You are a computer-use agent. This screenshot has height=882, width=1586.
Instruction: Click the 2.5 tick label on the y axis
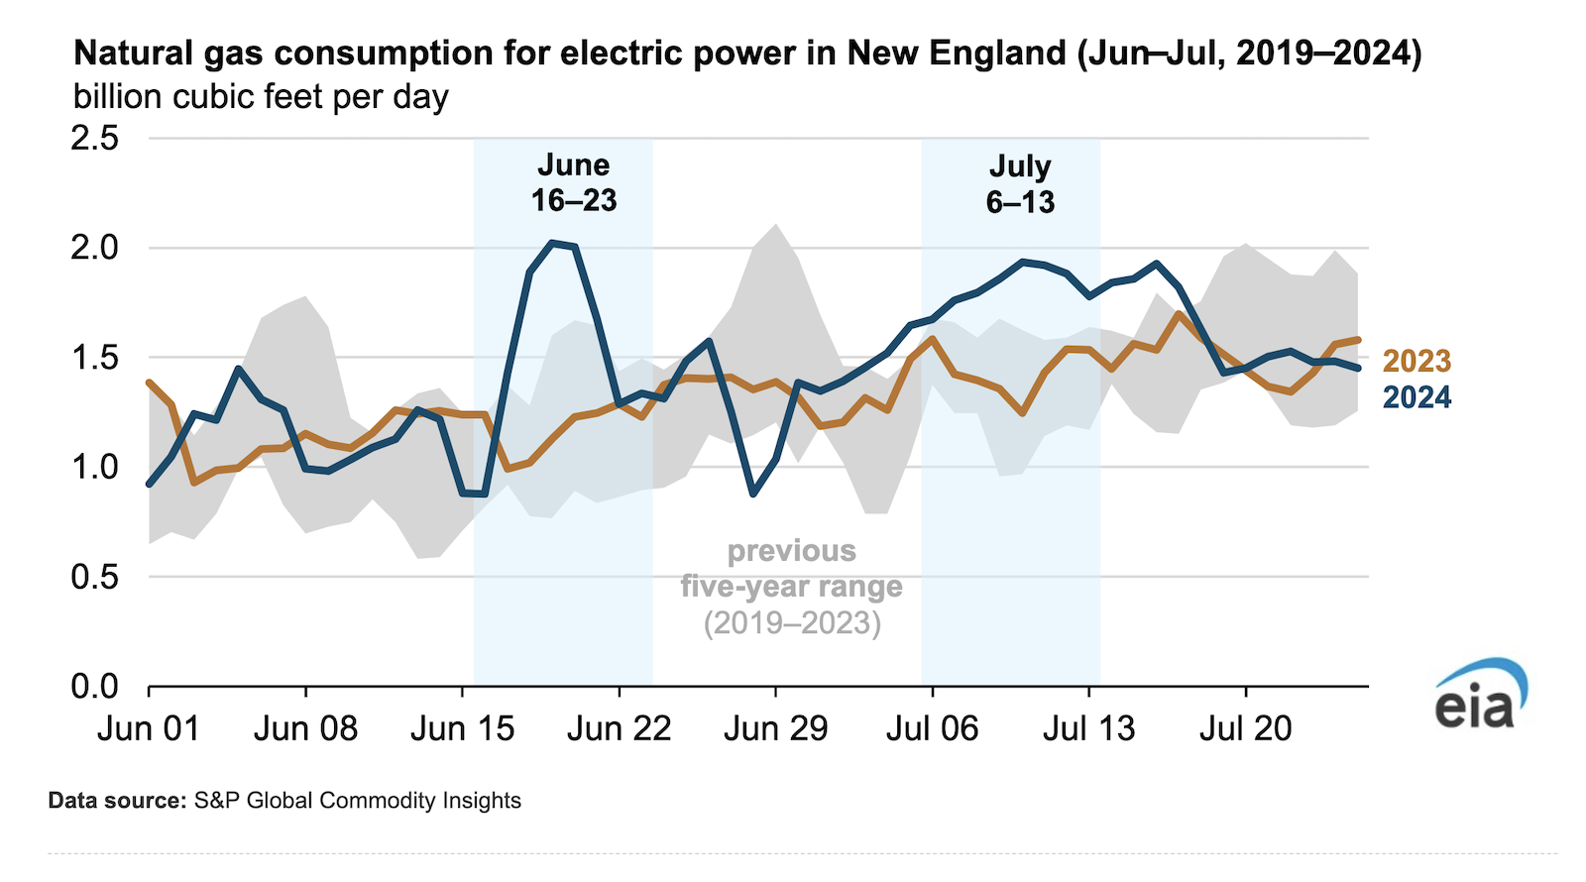point(95,138)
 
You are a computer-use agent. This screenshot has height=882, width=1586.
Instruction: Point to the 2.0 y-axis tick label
point(95,248)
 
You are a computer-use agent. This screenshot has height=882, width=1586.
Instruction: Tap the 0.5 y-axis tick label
point(95,577)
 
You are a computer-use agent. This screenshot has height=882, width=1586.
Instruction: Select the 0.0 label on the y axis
point(95,686)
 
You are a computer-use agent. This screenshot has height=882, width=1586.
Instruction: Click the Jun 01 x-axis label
point(149,729)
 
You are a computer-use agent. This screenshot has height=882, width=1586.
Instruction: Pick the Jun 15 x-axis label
point(462,729)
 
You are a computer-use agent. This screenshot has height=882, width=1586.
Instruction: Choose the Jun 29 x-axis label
point(775,729)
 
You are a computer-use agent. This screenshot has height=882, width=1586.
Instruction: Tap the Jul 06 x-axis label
point(932,729)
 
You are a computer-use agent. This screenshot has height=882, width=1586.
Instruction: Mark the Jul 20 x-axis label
point(1245,729)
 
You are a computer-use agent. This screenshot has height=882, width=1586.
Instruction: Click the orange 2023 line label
point(1416,362)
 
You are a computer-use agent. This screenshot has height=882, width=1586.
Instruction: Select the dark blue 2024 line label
point(1416,397)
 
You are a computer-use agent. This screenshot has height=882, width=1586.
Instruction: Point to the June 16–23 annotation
point(573,183)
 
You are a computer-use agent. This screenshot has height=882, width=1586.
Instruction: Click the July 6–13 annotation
point(1020,184)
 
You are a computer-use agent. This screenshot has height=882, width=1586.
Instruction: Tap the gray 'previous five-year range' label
point(792,586)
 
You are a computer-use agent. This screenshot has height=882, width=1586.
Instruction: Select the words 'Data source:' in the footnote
point(116,801)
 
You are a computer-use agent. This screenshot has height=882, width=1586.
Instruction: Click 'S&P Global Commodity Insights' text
point(357,801)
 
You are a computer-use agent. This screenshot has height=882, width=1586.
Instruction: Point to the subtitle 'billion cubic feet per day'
point(261,97)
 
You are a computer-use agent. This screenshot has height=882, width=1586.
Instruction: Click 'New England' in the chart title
point(956,54)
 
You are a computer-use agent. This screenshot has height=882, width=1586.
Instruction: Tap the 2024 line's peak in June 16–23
point(554,243)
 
